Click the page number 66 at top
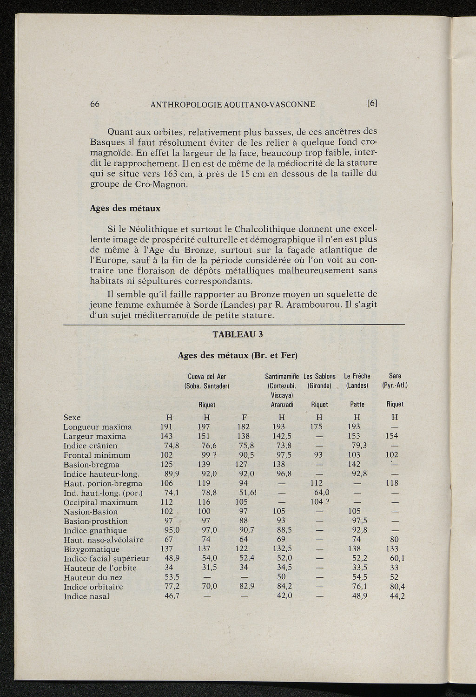(95, 104)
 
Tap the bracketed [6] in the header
(372, 104)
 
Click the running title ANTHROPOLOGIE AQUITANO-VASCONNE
(233, 104)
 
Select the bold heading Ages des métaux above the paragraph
(125, 209)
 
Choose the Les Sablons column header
(319, 376)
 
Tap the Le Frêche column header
(357, 376)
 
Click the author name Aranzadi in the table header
(282, 405)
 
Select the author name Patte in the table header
(357, 405)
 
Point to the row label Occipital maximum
(100, 502)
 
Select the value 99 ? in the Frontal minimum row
(207, 455)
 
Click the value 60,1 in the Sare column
(396, 559)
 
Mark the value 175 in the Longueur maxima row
(316, 427)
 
